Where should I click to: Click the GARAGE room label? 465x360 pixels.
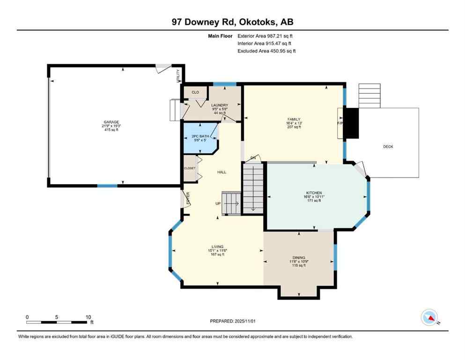pos(111,122)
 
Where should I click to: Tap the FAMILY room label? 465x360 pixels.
pos(294,120)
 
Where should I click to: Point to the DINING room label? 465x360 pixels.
pos(299,258)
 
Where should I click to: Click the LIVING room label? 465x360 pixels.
pos(217,247)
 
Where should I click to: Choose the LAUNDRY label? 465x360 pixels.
pos(219,105)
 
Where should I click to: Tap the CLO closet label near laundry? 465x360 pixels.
pos(195,92)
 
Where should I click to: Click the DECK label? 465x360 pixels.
pos(388,147)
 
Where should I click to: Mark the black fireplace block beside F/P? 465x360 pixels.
pos(351,123)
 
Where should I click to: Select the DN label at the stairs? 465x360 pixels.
pos(253,157)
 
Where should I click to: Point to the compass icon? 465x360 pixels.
pos(429,317)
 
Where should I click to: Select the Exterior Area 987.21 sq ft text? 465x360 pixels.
pos(266,36)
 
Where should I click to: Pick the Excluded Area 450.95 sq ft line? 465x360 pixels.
pos(266,51)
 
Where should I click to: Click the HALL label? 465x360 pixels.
pos(221,172)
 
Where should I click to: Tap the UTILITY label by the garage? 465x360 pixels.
pos(178,76)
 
